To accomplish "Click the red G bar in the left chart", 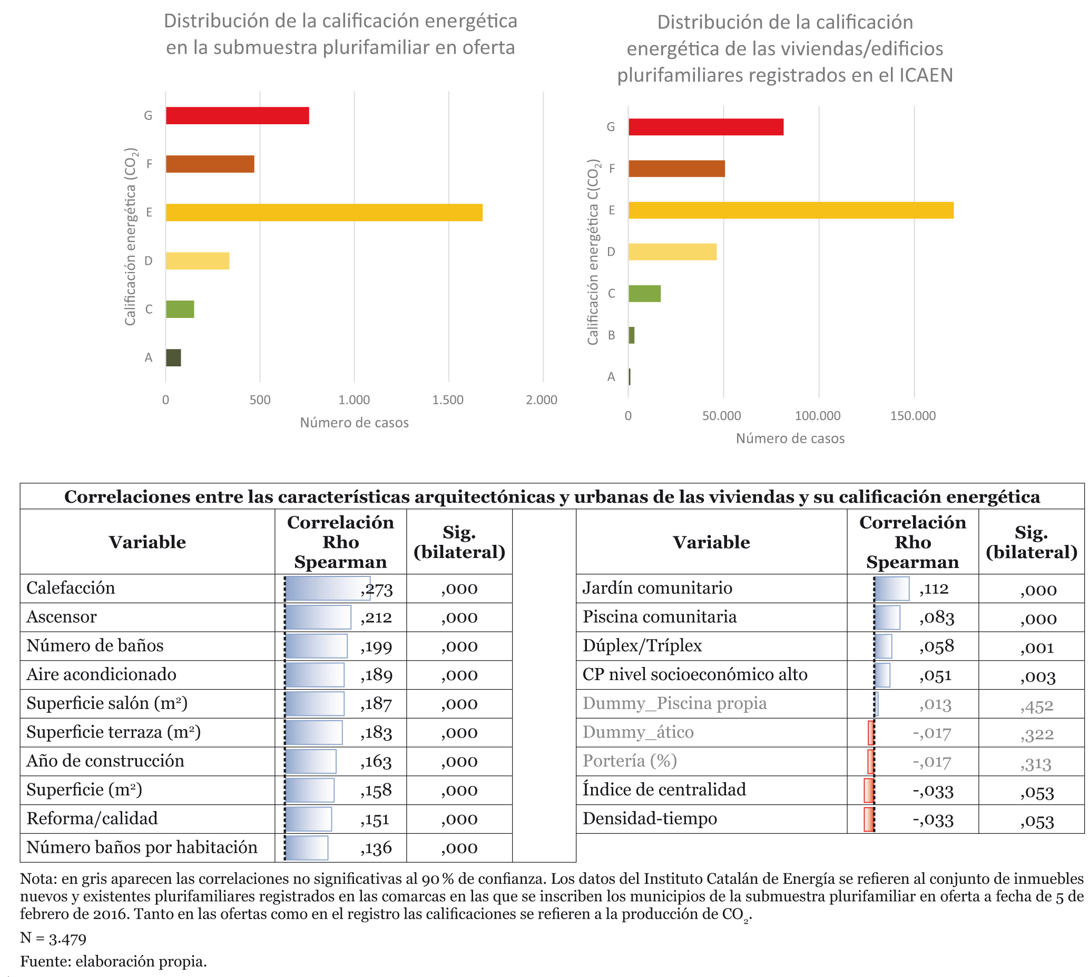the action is (237, 115).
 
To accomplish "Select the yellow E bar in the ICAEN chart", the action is (790, 210).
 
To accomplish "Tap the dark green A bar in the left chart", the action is (173, 357).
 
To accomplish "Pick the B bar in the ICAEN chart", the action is (631, 335).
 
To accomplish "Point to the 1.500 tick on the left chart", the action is (447, 400).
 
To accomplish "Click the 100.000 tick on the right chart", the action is (818, 415).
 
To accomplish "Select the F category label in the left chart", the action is (149, 164).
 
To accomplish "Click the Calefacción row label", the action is (71, 588).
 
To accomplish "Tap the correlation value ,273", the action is (377, 589).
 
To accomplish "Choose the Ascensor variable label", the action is (61, 617).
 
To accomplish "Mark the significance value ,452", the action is (1036, 705).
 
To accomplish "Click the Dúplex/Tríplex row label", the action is (642, 646).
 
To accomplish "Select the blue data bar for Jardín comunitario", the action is (891, 589).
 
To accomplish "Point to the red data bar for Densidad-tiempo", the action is (869, 820).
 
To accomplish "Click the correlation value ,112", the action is (933, 589).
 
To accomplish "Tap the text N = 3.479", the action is (53, 938).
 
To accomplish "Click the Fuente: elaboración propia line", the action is (113, 961).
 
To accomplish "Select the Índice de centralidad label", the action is (664, 789).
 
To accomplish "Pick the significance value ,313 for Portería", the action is (1035, 763).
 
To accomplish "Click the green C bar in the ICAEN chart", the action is (644, 294).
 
